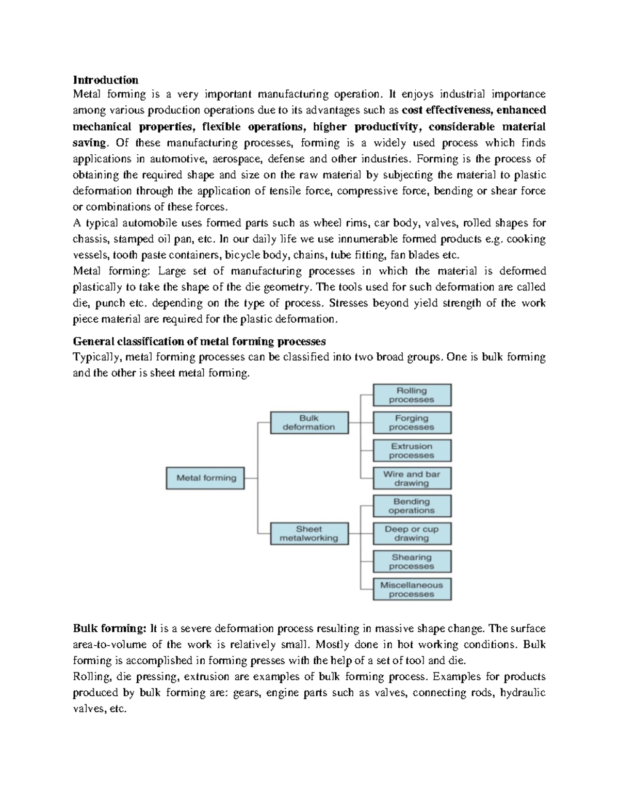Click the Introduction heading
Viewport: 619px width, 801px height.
coord(106,79)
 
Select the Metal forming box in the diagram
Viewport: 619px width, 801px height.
coord(205,478)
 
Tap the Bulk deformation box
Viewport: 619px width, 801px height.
coord(309,422)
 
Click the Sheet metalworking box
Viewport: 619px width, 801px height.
coord(309,533)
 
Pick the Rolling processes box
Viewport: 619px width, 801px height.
coord(412,395)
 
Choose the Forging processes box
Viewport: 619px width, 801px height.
coord(412,422)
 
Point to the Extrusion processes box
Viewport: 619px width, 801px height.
coord(412,450)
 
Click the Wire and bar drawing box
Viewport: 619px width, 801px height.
coord(412,478)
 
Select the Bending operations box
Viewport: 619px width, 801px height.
coord(412,506)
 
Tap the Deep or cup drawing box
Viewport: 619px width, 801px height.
coord(412,533)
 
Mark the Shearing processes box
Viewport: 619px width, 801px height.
coord(412,561)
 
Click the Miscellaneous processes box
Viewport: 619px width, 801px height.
coord(412,589)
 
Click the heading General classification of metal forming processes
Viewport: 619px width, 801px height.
coord(199,341)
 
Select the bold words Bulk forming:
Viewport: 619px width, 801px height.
coord(110,628)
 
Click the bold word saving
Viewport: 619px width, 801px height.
coord(89,142)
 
